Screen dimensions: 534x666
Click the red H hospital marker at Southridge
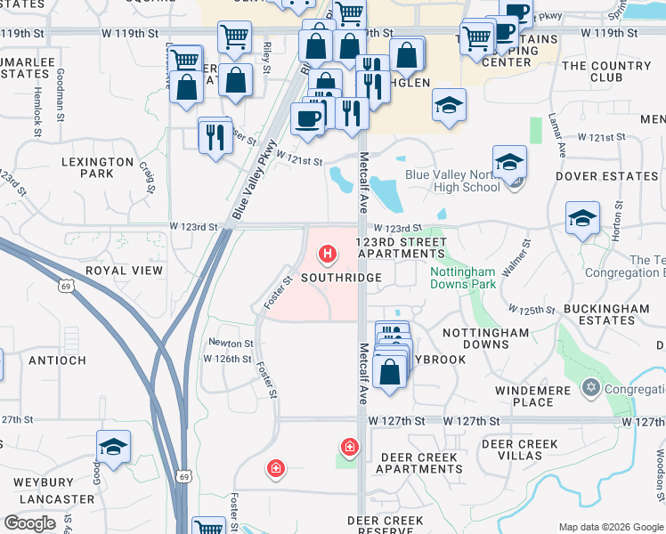328,256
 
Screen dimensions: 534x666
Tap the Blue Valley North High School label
452,181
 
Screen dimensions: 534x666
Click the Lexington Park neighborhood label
97,167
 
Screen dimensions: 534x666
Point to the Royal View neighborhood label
124,270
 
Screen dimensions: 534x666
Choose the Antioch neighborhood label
57,360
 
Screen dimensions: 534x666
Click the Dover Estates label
606,176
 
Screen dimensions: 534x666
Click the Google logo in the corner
30,523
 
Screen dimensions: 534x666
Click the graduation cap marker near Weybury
114,447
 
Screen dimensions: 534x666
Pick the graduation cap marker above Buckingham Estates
582,218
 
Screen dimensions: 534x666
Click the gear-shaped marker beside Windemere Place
590,388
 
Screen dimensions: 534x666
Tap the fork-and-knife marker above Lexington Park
215,135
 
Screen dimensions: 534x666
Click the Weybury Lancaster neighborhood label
54,490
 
